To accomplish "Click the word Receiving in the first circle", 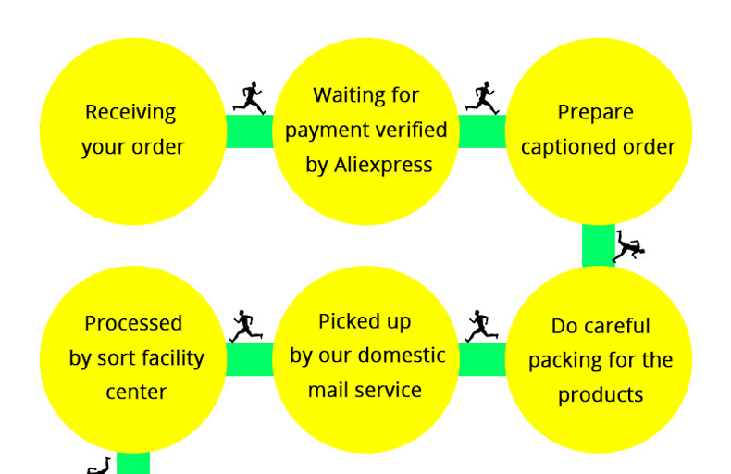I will (x=130, y=113).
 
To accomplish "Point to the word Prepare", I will (x=595, y=113).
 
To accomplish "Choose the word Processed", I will (x=133, y=323).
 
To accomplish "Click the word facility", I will (x=167, y=358).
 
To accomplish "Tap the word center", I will (x=136, y=393).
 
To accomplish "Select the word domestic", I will (x=402, y=355).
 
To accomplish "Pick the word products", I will (x=600, y=395).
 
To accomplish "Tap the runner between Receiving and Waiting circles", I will (x=249, y=98).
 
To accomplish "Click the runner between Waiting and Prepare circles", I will (x=482, y=98).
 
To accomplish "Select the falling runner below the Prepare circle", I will (x=627, y=246).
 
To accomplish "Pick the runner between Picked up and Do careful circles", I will (x=480, y=326).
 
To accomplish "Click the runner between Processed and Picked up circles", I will (x=245, y=326).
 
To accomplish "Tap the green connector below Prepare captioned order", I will (x=598, y=246).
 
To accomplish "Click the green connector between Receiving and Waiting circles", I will (x=250, y=131).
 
